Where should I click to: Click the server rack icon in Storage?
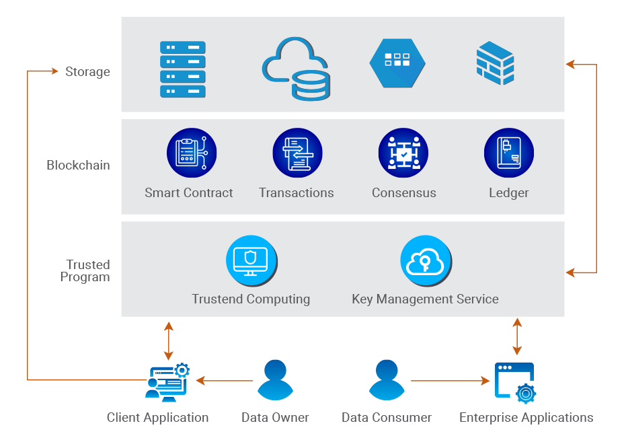point(183,69)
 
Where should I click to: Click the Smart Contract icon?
point(192,153)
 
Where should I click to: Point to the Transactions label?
point(297,193)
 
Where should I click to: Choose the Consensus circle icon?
point(403,153)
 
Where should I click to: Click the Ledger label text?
point(509,193)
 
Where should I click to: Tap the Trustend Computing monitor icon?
point(251,260)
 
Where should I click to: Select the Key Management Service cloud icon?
point(426,260)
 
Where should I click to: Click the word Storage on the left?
point(87,71)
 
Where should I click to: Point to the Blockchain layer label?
point(78,165)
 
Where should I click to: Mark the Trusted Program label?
point(86,270)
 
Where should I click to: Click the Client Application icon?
point(167,381)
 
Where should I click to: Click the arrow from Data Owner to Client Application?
point(225,381)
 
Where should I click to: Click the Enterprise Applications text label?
point(526,418)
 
